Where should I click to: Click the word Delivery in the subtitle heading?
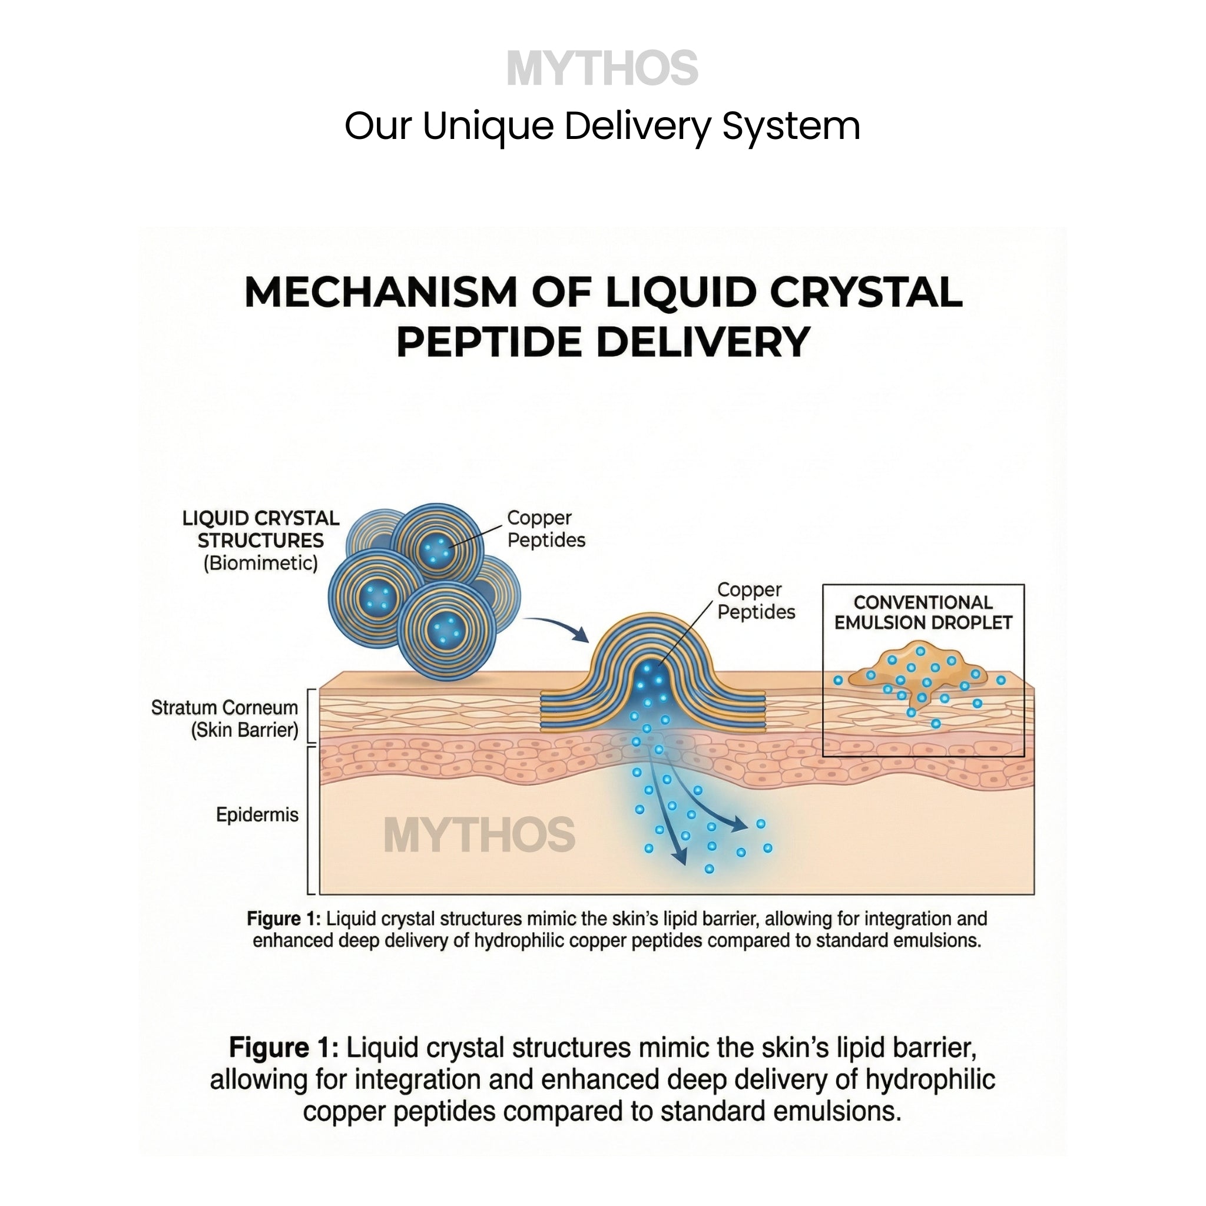point(637,126)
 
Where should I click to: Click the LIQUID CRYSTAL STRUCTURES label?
point(261,529)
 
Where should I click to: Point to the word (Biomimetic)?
point(261,563)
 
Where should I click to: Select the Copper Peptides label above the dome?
point(756,601)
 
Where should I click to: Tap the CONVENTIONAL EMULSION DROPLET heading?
point(923,612)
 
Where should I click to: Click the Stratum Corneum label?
point(225,718)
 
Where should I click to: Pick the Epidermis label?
point(257,814)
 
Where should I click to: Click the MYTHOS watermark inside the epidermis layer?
point(479,835)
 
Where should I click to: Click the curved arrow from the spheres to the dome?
point(559,626)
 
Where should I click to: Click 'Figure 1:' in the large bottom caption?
point(283,1048)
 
